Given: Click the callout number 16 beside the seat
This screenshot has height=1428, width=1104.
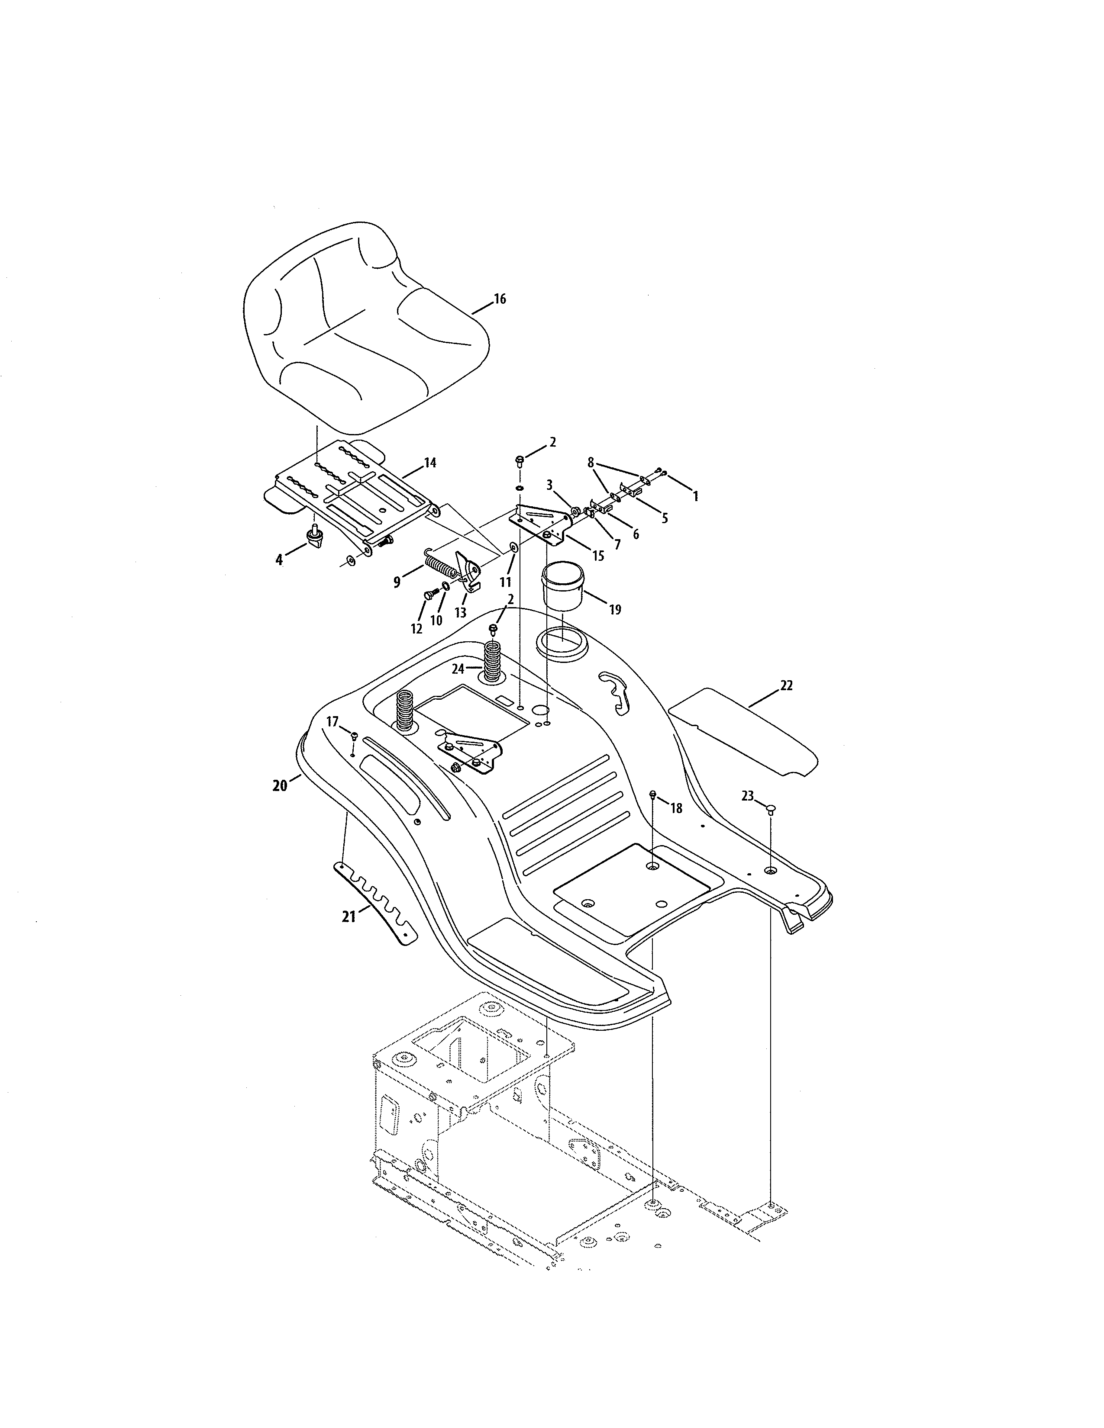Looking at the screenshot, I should pos(500,299).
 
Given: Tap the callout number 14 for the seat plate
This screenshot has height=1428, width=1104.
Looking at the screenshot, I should pos(430,463).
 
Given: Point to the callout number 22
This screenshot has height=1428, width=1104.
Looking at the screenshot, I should pos(786,685).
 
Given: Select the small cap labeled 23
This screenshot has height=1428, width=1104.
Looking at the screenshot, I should pos(771,809).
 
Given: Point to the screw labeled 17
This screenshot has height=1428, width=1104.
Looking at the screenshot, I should pos(354,736).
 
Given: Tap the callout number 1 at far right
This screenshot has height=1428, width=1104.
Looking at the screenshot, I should pos(695,497).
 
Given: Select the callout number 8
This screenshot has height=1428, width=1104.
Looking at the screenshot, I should pos(591,462).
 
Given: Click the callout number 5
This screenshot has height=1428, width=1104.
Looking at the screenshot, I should pos(665,518).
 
